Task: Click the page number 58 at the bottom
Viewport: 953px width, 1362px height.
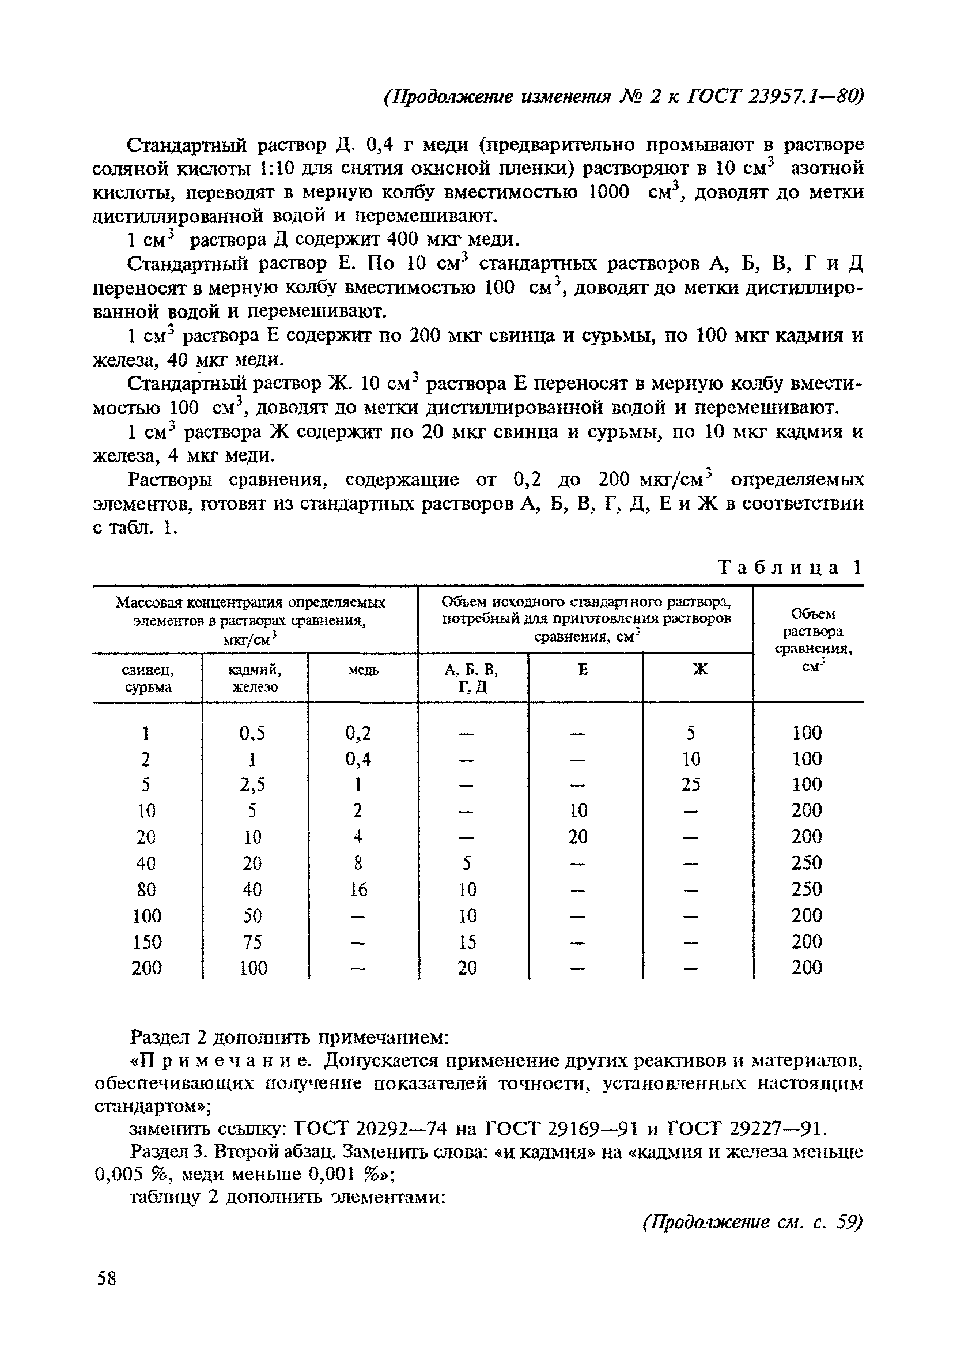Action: tap(107, 1278)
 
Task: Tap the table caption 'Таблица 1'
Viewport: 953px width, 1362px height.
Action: tap(789, 568)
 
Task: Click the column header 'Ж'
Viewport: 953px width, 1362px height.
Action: tap(700, 670)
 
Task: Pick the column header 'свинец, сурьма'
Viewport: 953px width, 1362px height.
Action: tap(147, 678)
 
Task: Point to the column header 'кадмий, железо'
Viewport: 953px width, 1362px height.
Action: tap(255, 678)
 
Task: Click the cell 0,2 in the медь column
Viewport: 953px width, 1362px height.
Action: tap(358, 734)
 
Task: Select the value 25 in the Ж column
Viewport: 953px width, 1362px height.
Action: tap(691, 785)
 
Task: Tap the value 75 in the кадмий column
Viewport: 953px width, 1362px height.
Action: tap(252, 942)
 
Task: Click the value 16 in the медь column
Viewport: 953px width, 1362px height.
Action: tap(358, 890)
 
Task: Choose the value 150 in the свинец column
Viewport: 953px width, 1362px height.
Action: tap(146, 942)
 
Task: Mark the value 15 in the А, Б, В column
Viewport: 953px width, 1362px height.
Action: tap(467, 942)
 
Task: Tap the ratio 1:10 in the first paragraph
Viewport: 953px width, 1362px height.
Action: tap(277, 169)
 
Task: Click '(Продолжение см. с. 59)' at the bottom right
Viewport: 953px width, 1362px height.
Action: tap(752, 1223)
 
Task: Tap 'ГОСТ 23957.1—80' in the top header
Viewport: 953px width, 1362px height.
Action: tap(773, 96)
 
